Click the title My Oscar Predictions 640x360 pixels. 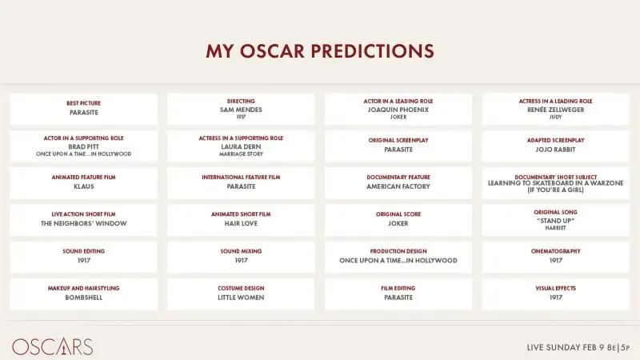(x=320, y=51)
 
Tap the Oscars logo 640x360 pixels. (x=53, y=347)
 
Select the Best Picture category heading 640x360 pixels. (x=83, y=103)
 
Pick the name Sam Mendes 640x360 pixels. (x=241, y=110)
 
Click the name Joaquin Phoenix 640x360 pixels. (x=398, y=110)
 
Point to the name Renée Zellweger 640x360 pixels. (x=555, y=110)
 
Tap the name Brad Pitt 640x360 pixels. (x=83, y=146)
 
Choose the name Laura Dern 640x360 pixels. (x=241, y=146)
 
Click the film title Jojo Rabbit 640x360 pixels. (x=555, y=150)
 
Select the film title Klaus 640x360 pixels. (x=83, y=186)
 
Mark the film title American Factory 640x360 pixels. (x=398, y=186)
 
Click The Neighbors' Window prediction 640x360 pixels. (x=83, y=223)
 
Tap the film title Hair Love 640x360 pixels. (x=241, y=223)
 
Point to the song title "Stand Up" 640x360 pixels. (x=555, y=220)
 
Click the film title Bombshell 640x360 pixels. (x=83, y=298)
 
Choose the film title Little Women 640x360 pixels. (x=241, y=298)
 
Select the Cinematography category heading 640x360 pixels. (x=555, y=251)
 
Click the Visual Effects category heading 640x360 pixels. (x=555, y=288)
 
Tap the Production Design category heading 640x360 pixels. (x=398, y=251)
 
